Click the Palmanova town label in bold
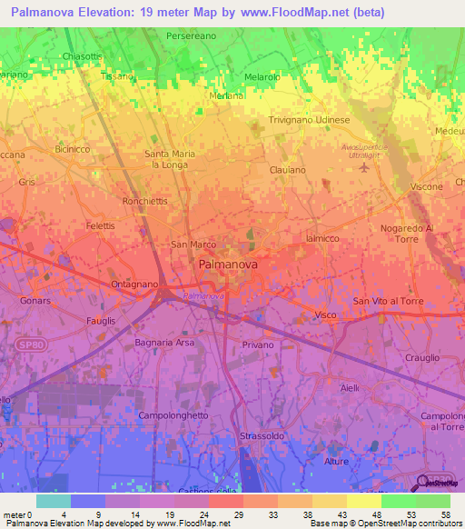click(228, 264)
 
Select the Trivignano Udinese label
click(310, 120)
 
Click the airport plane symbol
click(365, 166)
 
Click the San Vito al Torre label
click(388, 301)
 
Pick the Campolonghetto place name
click(173, 414)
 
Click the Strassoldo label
click(262, 436)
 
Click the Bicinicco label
click(73, 148)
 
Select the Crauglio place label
click(423, 357)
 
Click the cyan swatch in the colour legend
click(53, 501)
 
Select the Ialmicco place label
click(322, 237)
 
